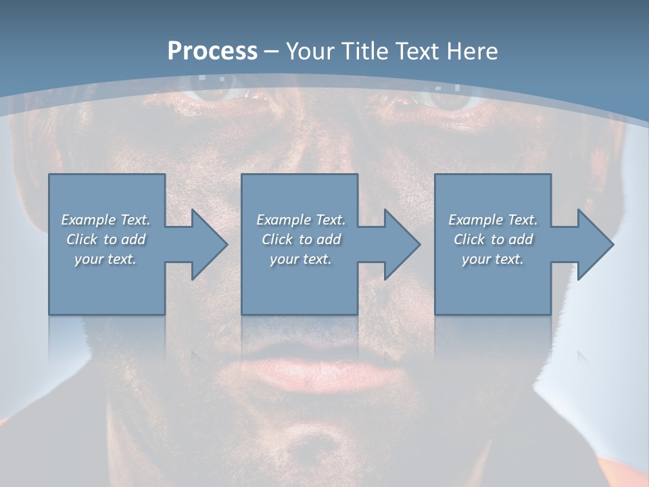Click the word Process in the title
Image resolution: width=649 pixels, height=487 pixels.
click(x=212, y=51)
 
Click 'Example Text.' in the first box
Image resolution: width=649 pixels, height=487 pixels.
click(x=105, y=220)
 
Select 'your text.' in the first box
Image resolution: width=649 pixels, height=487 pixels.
click(x=105, y=259)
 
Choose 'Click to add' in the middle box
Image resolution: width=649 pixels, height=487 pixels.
click(x=301, y=239)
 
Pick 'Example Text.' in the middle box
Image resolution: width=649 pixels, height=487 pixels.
click(x=301, y=220)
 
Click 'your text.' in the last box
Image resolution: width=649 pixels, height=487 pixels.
click(x=493, y=259)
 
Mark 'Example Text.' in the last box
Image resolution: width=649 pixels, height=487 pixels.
click(x=493, y=220)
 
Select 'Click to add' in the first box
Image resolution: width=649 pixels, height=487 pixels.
click(x=105, y=239)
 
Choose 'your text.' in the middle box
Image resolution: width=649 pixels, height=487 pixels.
click(x=301, y=259)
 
